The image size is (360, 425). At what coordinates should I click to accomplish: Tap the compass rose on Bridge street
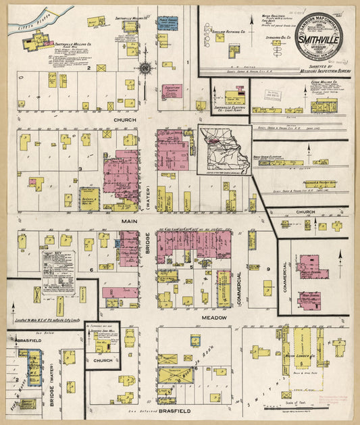coord(145,68)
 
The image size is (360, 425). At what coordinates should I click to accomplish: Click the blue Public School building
coord(168,26)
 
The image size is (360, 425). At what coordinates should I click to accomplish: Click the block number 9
coord(267,270)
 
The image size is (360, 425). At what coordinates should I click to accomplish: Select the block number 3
coord(81,168)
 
